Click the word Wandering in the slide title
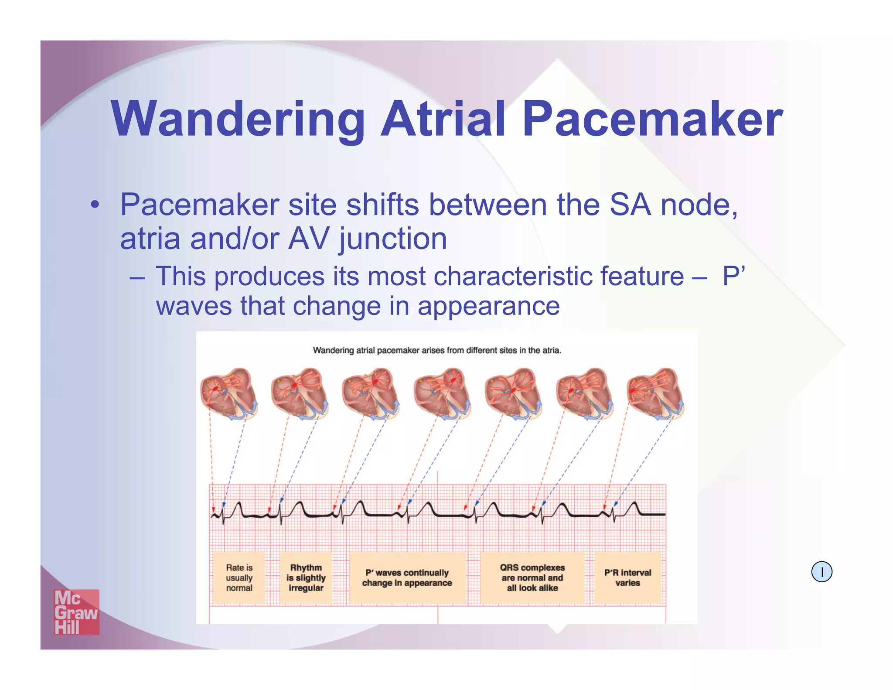(238, 119)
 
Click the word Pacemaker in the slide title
(652, 119)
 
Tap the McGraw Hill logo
(76, 612)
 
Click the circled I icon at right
(821, 572)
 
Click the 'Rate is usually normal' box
(239, 578)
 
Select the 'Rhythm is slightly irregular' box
(306, 578)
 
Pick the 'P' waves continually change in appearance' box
(407, 578)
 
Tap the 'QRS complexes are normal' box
(532, 578)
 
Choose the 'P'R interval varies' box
(627, 578)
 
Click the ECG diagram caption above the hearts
(437, 350)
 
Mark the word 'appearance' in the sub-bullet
(488, 306)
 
